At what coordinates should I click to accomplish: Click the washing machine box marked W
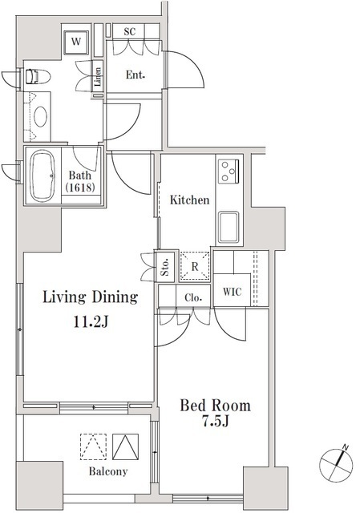(x=76, y=42)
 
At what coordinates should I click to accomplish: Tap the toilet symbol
(x=38, y=77)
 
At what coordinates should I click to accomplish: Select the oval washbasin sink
(x=41, y=117)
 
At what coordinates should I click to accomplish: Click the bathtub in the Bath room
(x=42, y=176)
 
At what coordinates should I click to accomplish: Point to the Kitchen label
(x=189, y=200)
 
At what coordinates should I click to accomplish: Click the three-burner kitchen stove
(x=229, y=171)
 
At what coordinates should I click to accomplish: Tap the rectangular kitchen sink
(x=229, y=227)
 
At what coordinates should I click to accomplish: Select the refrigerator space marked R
(x=195, y=266)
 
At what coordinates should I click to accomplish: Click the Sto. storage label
(x=165, y=267)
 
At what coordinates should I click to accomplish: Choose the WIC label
(x=232, y=292)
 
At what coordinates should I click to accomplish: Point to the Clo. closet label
(x=193, y=297)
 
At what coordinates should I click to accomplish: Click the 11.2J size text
(x=91, y=322)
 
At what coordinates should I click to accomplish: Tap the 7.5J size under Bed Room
(x=215, y=422)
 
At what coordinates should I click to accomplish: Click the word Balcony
(x=108, y=471)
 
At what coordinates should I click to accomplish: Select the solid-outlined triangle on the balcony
(x=125, y=446)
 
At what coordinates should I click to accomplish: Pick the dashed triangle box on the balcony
(x=93, y=446)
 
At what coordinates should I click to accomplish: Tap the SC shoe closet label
(x=130, y=32)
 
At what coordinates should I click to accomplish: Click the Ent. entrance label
(x=136, y=75)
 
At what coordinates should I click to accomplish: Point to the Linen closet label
(x=98, y=77)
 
